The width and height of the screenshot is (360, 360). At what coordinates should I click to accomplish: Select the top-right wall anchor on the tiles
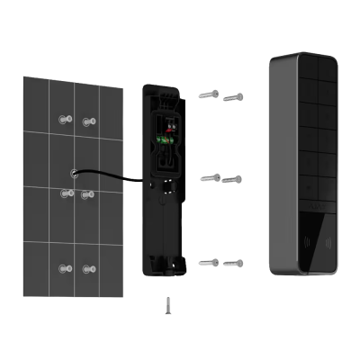pos(87,121)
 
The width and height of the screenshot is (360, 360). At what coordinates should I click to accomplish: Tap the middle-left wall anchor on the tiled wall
pos(64,193)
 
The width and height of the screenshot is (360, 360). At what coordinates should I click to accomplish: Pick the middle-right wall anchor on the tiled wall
pos(87,194)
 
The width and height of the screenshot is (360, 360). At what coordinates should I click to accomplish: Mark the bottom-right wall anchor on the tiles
pos(87,268)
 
